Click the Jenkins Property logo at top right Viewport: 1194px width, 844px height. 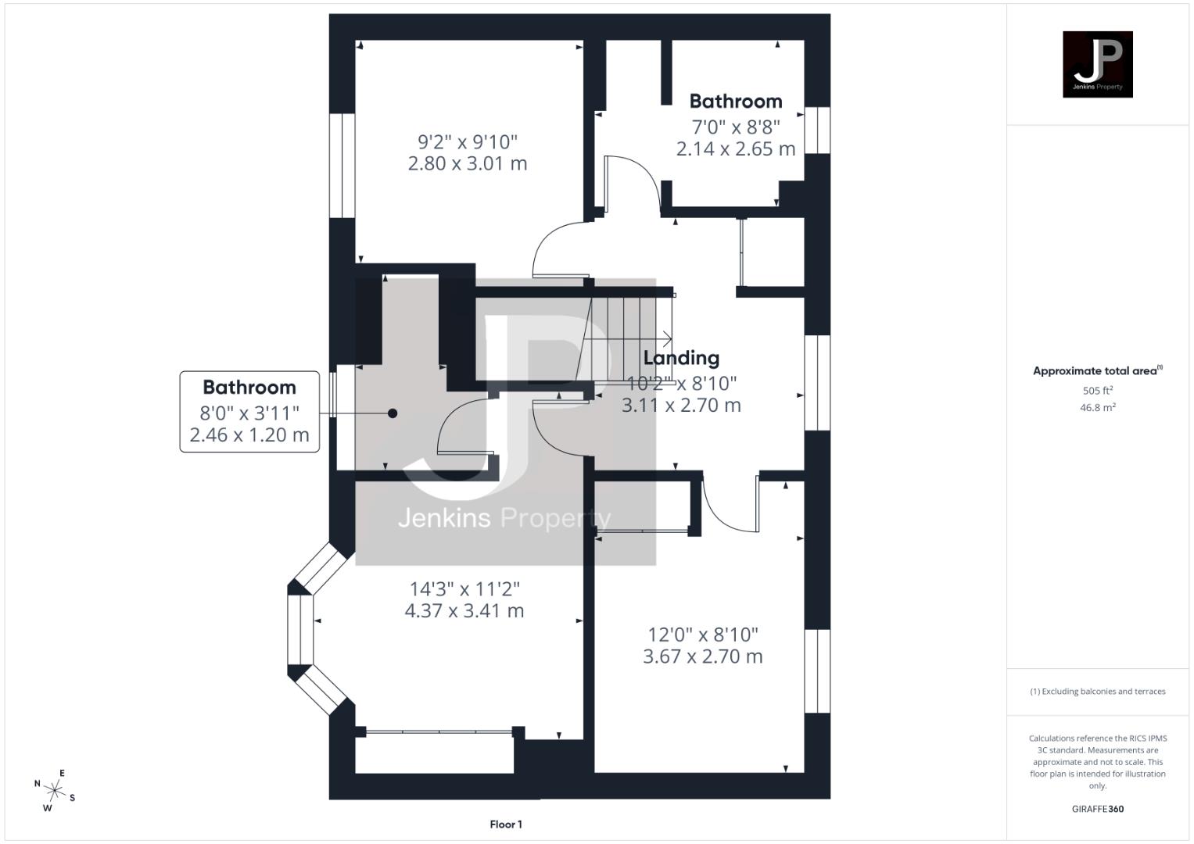click(x=1097, y=64)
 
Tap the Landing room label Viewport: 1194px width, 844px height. click(x=681, y=358)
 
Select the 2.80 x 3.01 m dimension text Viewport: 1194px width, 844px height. click(x=468, y=163)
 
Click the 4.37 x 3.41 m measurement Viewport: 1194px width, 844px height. click(x=464, y=610)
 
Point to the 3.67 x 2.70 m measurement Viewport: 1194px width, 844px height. click(x=702, y=656)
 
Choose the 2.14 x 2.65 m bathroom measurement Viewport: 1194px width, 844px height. click(x=735, y=148)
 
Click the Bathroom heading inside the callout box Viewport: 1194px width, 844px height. click(x=249, y=387)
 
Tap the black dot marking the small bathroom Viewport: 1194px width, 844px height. click(x=393, y=413)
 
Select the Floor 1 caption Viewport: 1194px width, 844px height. click(x=506, y=824)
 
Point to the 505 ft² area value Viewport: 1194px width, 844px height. click(x=1097, y=390)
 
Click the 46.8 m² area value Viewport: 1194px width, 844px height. click(x=1097, y=407)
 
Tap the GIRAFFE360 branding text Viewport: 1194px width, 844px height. click(x=1097, y=809)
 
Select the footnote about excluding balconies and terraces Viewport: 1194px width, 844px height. click(x=1097, y=692)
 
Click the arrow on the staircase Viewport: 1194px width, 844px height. click(x=665, y=338)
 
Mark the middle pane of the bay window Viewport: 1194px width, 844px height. click(x=300, y=629)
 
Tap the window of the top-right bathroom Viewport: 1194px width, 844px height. click(x=818, y=130)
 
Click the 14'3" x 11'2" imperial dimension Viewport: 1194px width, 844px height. click(x=464, y=588)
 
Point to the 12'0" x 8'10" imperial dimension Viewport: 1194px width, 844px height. click(x=702, y=635)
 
